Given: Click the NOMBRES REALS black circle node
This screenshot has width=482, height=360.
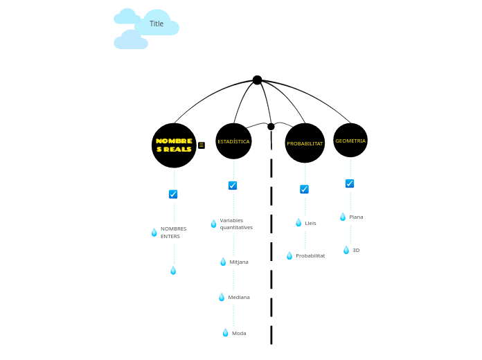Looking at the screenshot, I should [174, 145].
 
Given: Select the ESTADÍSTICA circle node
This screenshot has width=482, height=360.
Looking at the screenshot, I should [233, 141].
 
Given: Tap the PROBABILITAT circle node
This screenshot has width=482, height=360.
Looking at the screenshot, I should [305, 143].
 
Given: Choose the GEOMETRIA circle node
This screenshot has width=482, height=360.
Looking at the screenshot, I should [350, 141].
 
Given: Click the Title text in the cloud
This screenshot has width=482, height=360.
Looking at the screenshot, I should [157, 24].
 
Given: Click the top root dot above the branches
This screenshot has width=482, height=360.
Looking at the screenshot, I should [257, 80].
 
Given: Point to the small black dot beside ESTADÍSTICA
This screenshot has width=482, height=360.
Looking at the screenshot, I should [271, 127].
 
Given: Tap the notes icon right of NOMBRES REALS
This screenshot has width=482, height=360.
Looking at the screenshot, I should [202, 145].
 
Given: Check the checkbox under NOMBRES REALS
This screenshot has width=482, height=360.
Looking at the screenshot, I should [173, 195].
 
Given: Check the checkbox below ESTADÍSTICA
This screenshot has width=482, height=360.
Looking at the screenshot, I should [233, 186].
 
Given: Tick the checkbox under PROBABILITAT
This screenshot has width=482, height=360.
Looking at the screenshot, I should [304, 189].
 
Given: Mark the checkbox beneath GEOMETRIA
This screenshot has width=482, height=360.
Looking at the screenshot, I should [350, 183].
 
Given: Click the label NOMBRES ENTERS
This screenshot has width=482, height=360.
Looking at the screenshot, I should [173, 233].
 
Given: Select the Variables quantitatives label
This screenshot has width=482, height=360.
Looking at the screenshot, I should [236, 224].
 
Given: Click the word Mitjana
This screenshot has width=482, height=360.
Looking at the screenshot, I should [239, 262].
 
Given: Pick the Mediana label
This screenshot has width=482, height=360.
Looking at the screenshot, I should [239, 297].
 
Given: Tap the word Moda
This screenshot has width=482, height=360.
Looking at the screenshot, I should [239, 333].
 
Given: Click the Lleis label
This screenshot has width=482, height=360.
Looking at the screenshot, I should [310, 223].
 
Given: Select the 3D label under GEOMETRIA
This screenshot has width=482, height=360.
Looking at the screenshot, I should [356, 251].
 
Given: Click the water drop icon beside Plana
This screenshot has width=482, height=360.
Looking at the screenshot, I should [343, 217].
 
